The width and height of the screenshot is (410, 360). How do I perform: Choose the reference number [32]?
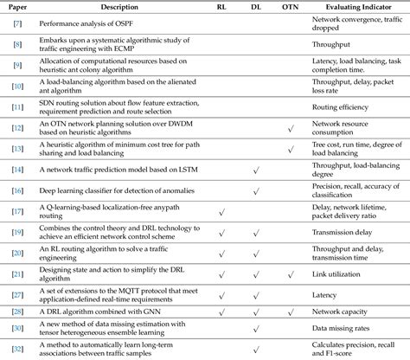[17, 350]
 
